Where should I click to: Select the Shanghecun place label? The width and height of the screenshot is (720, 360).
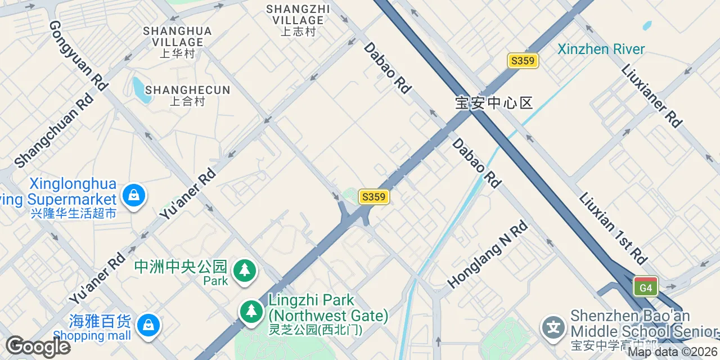(x=187, y=95)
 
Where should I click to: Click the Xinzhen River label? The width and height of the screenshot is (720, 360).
(x=601, y=49)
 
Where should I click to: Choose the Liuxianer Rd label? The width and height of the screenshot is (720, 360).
(x=651, y=96)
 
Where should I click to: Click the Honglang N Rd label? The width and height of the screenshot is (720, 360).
(x=488, y=254)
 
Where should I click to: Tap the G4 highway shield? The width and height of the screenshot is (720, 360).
(x=645, y=287)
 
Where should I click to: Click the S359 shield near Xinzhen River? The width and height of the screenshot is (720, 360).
(x=523, y=61)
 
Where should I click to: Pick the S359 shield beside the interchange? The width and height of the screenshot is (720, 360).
(x=373, y=197)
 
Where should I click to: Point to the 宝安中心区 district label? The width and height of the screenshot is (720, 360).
(x=493, y=103)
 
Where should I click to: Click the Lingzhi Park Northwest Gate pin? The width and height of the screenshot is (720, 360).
(x=251, y=312)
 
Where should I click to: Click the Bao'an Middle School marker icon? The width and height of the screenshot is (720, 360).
(x=553, y=327)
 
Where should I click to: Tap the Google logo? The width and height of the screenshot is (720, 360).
(x=38, y=346)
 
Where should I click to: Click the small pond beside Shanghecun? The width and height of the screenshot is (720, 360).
(x=140, y=90)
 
